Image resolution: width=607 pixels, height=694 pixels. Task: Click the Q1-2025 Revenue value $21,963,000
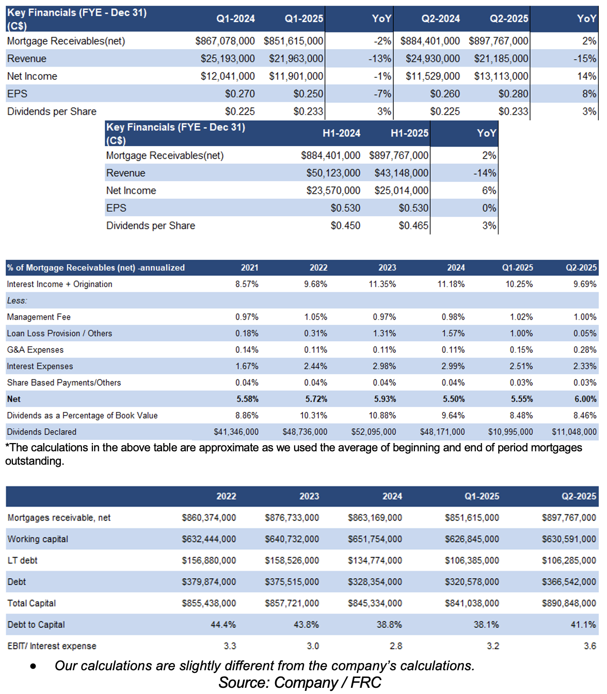click(296, 59)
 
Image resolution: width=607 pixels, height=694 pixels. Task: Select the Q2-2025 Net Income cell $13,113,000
click(501, 76)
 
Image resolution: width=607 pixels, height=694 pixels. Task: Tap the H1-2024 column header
click(341, 133)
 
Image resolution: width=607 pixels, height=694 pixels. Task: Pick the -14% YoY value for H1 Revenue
click(485, 173)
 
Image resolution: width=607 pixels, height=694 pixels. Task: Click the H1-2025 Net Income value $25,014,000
click(401, 191)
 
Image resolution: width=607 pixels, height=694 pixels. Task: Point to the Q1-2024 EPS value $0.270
click(239, 94)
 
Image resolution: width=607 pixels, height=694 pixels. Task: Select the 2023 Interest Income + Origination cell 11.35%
click(382, 284)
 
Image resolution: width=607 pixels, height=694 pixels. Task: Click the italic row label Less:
click(17, 301)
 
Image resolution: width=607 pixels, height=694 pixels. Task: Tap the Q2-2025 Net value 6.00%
click(585, 399)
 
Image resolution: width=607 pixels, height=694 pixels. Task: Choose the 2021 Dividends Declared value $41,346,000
click(236, 432)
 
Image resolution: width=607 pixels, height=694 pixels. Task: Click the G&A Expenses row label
click(35, 350)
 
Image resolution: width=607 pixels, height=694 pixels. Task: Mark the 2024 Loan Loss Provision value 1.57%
click(453, 334)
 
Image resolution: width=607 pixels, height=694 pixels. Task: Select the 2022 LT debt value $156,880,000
click(209, 560)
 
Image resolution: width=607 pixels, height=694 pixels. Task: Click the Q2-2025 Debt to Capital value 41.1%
click(583, 624)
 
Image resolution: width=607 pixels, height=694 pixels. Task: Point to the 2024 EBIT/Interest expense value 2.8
click(396, 646)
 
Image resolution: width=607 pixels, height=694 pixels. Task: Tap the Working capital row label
click(38, 539)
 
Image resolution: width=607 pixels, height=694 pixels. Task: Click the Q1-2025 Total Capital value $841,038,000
click(472, 603)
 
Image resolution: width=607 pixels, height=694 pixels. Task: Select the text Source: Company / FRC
click(300, 683)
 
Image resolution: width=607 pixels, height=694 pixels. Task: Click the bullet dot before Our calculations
click(33, 667)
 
